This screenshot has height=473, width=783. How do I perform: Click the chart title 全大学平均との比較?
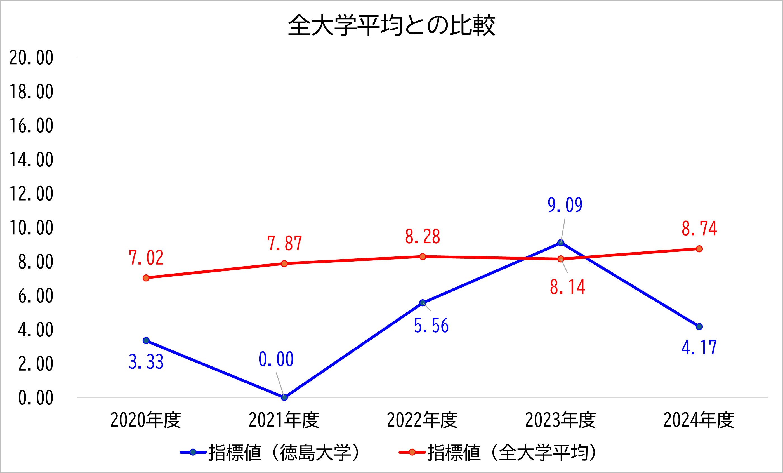coord(391,25)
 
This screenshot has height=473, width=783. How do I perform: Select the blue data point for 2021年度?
coord(284,397)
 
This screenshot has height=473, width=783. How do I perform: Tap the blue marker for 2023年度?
coord(561,243)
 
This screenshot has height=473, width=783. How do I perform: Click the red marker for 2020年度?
coord(146,278)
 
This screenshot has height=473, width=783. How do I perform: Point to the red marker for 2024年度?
coord(699,249)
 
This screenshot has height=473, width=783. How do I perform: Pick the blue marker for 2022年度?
coord(423,303)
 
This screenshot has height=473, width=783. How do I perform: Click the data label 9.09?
coord(565,205)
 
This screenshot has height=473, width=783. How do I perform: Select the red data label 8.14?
coord(568,287)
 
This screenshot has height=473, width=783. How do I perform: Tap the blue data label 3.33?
coord(146,362)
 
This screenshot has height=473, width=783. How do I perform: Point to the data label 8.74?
coord(699,229)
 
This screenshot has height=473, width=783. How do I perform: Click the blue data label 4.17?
coord(699,347)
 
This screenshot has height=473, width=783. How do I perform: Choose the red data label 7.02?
coord(146,258)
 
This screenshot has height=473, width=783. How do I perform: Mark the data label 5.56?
coord(431,326)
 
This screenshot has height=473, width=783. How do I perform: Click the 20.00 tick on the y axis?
coord(31,58)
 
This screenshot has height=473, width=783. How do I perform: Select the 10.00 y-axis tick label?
coord(31,228)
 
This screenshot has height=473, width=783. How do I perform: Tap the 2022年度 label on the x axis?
coord(422,420)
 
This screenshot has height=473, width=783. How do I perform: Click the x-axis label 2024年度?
coord(699,420)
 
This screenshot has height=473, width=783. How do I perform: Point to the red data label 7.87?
coord(284,244)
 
